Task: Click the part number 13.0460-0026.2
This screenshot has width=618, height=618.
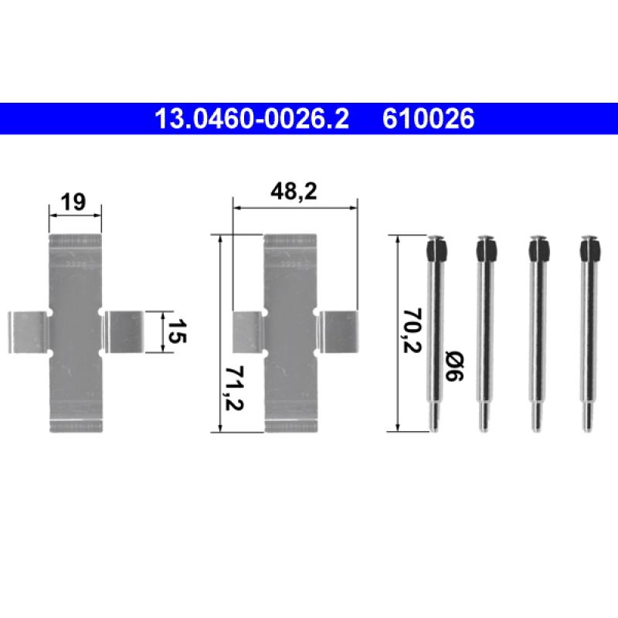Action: coord(252,118)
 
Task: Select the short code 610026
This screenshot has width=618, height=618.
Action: coord(428,118)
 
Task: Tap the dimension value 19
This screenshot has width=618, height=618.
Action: coord(73,202)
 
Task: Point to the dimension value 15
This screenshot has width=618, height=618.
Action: coord(177,331)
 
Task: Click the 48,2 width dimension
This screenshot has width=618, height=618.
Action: coord(294,192)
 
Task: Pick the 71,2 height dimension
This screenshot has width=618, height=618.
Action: coord(234,389)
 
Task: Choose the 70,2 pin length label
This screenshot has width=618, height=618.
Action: coord(412,331)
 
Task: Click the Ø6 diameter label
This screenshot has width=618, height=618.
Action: coord(454,366)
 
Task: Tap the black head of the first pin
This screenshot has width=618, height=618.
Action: coord(436,250)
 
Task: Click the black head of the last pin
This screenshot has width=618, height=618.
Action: coord(590,250)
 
